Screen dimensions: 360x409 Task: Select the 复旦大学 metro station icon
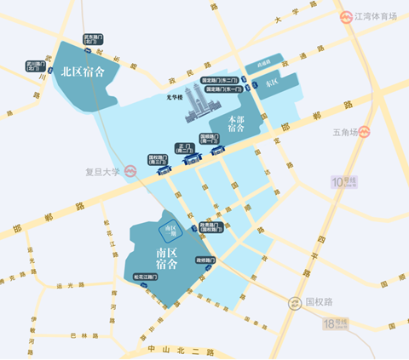[x=131, y=170]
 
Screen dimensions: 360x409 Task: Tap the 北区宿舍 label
[x=83, y=72]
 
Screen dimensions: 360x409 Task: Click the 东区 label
[x=273, y=84]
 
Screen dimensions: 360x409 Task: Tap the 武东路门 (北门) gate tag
[x=93, y=39]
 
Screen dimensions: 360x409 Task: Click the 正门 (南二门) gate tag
[x=184, y=150]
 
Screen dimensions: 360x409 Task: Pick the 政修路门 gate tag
[x=208, y=259]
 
